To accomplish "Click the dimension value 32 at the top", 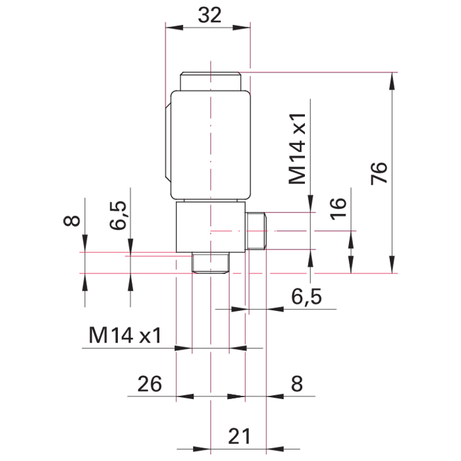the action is [209, 15].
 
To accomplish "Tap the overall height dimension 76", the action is [379, 173].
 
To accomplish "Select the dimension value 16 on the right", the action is [338, 209].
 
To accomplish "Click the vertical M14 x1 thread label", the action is [298, 149].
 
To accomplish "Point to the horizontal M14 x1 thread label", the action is [125, 335].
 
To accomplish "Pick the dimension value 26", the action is [149, 384].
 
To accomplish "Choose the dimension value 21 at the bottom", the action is [239, 436].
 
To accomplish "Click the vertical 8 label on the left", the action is [72, 221].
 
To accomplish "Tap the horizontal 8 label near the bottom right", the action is [296, 384].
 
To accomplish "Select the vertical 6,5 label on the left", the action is [118, 215].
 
